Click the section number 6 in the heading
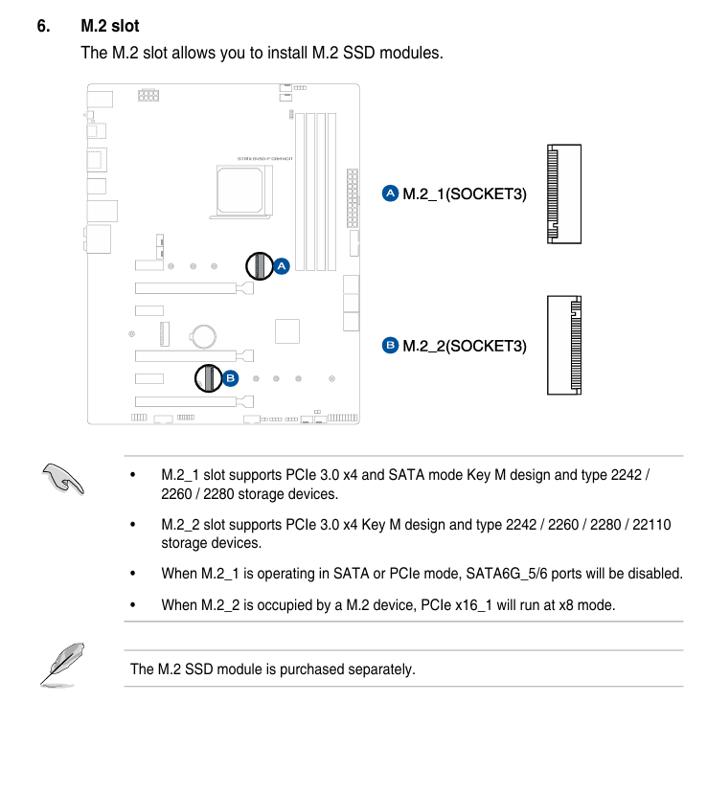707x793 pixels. (x=43, y=26)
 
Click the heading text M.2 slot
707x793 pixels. (x=110, y=26)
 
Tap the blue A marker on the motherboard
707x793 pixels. (x=281, y=267)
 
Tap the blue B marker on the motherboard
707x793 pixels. (x=230, y=378)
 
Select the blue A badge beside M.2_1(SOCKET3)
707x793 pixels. (x=390, y=193)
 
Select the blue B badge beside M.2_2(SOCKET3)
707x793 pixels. (x=390, y=345)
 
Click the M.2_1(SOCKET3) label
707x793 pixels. (x=464, y=193)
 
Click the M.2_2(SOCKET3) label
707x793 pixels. (x=464, y=345)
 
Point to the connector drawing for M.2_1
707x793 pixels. (x=563, y=193)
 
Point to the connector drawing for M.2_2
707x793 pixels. (x=564, y=345)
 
